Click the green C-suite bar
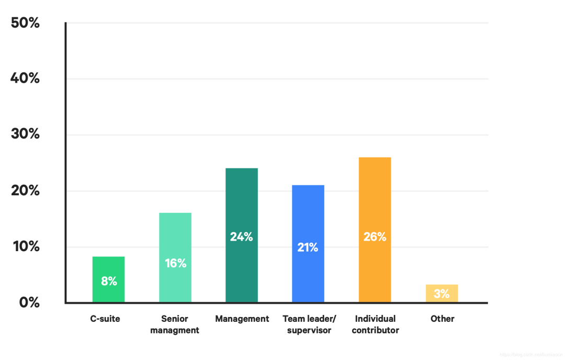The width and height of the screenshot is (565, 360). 108,279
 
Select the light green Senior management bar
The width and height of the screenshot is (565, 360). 175,257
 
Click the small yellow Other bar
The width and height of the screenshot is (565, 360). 442,294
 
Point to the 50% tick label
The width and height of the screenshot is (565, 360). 25,24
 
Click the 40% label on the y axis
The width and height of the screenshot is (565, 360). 25,78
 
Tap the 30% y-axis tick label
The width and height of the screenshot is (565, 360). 25,134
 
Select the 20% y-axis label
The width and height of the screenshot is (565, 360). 25,190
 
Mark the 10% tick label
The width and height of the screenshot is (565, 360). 26,246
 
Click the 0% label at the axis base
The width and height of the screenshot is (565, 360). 29,302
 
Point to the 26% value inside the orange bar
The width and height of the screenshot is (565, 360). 375,237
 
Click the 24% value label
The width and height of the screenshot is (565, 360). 242,237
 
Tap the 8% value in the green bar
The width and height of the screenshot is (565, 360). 109,282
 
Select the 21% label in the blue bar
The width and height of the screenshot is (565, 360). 308,248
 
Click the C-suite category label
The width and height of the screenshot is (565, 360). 105,319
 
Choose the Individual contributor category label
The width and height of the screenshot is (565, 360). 375,324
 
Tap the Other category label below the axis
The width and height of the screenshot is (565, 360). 442,319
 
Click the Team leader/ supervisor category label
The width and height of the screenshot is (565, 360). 309,324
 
